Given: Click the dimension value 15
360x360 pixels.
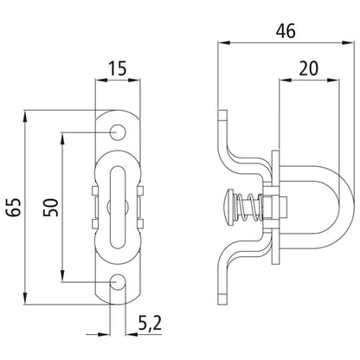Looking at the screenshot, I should tap(117, 68).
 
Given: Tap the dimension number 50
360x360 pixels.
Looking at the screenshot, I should tap(51, 208).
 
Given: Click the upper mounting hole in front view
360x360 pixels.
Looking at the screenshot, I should tap(117, 132).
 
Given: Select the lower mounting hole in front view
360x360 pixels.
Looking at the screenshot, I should tap(117, 282).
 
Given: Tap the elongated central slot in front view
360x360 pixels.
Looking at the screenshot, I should tap(117, 208).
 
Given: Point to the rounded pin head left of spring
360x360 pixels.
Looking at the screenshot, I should tap(226, 208).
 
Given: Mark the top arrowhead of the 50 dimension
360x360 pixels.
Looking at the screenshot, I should tap(61, 137).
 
